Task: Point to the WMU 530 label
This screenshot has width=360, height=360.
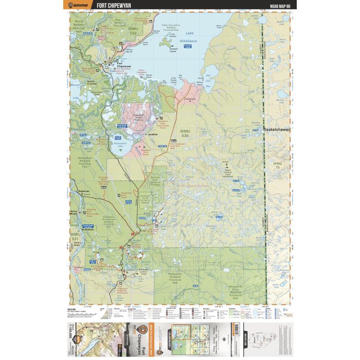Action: pos(185,134)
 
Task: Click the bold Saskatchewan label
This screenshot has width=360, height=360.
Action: pos(276,130)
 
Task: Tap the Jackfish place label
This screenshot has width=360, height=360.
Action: pos(152,134)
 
